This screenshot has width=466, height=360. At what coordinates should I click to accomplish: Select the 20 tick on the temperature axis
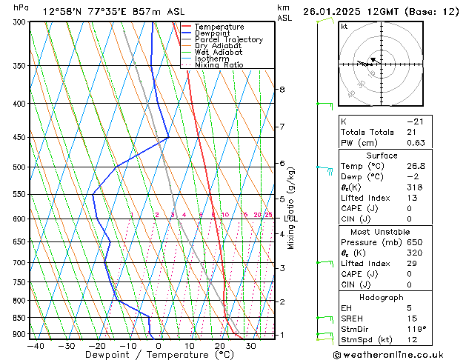220,345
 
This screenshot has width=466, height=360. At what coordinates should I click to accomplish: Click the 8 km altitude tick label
282,90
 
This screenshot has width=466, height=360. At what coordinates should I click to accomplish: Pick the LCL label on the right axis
291,219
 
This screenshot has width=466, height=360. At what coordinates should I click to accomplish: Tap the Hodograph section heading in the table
382,297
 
